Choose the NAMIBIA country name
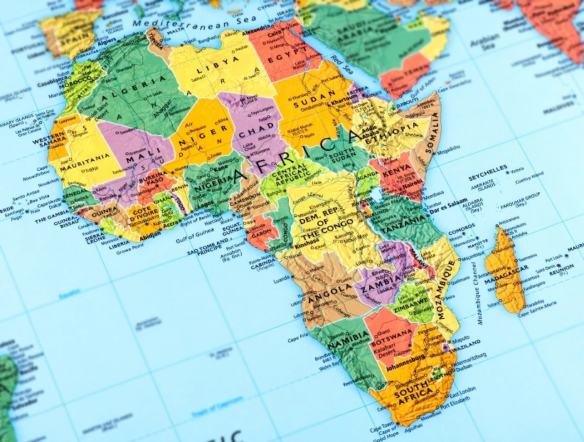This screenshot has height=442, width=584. [x=349, y=334]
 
